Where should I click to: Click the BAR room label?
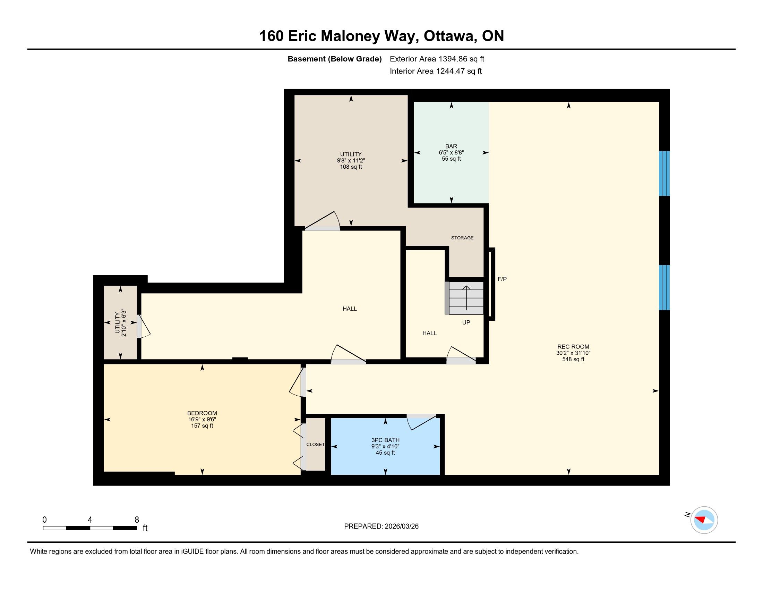[451, 146]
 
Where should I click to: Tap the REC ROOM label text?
[573, 347]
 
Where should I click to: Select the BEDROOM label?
[202, 413]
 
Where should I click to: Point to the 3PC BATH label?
[385, 440]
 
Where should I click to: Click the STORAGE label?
[462, 238]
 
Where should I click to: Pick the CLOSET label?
[316, 444]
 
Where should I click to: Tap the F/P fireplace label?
[502, 279]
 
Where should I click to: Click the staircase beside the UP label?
[464, 298]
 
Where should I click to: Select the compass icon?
[704, 520]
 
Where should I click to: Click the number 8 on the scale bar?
[137, 520]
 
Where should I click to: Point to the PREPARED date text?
[381, 526]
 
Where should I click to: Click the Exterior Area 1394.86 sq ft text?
[437, 59]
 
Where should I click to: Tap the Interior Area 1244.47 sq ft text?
[436, 71]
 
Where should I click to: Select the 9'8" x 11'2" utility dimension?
[351, 160]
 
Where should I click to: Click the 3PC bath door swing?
[422, 422]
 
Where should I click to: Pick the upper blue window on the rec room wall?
[664, 174]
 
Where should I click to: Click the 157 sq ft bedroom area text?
[202, 426]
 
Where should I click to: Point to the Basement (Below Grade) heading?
[334, 59]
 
